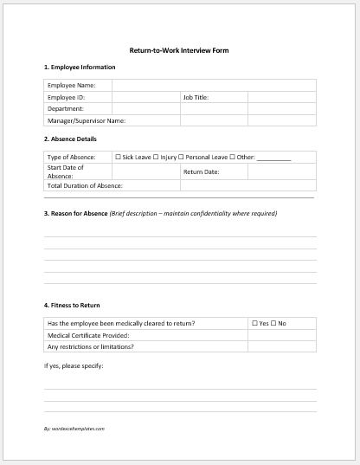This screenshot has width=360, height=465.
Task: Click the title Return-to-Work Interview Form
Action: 179,50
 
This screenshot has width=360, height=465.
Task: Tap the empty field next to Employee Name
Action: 213,86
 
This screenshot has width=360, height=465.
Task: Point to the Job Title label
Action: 196,98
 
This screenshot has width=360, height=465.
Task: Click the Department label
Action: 66,109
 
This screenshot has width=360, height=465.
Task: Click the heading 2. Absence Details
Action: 70,139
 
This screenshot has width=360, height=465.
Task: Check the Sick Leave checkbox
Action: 119,158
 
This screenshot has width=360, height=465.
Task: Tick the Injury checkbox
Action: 156,158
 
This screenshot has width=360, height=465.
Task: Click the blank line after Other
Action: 273,158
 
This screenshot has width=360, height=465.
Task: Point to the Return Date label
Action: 201,171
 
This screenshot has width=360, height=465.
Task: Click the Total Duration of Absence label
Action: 85,185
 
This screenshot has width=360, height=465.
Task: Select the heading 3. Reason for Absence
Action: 75,213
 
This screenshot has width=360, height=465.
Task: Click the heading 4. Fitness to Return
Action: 72,305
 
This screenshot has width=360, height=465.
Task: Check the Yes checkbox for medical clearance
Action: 254,323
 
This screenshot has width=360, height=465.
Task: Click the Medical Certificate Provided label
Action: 87,335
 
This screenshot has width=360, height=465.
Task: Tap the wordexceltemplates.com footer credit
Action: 74,429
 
